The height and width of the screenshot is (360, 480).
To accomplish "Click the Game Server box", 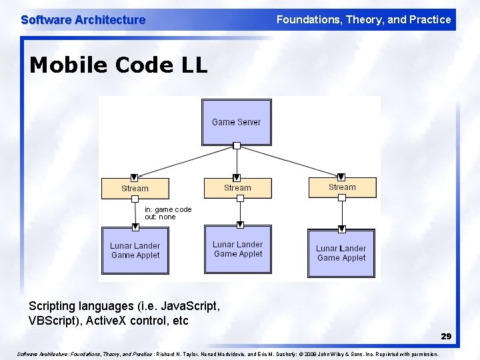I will [x=237, y=122].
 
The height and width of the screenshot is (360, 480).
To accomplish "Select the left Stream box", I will [x=135, y=189].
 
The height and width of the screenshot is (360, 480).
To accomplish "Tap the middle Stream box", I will [x=237, y=188].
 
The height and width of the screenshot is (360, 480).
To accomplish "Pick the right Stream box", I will [x=342, y=187].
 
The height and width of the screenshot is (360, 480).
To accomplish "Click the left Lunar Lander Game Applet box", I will [x=135, y=251].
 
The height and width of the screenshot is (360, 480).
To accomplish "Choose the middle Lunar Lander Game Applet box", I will [x=238, y=249].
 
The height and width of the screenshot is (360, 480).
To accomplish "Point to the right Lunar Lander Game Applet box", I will [x=341, y=253].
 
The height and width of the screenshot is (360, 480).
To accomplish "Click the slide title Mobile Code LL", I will [x=119, y=65].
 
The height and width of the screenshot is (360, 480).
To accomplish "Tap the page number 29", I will [x=445, y=337].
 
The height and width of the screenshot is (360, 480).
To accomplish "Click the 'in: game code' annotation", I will [x=168, y=209].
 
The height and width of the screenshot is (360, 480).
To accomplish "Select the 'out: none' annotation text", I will [x=160, y=217].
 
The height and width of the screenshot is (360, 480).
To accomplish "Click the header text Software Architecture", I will [x=83, y=20].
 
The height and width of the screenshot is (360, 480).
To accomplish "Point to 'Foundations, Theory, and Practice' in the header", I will [x=363, y=20].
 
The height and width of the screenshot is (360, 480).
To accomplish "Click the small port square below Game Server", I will [x=237, y=145].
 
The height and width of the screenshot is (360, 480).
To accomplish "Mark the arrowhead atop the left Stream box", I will [x=134, y=177].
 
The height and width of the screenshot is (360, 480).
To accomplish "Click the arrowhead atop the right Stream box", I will [x=342, y=177].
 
